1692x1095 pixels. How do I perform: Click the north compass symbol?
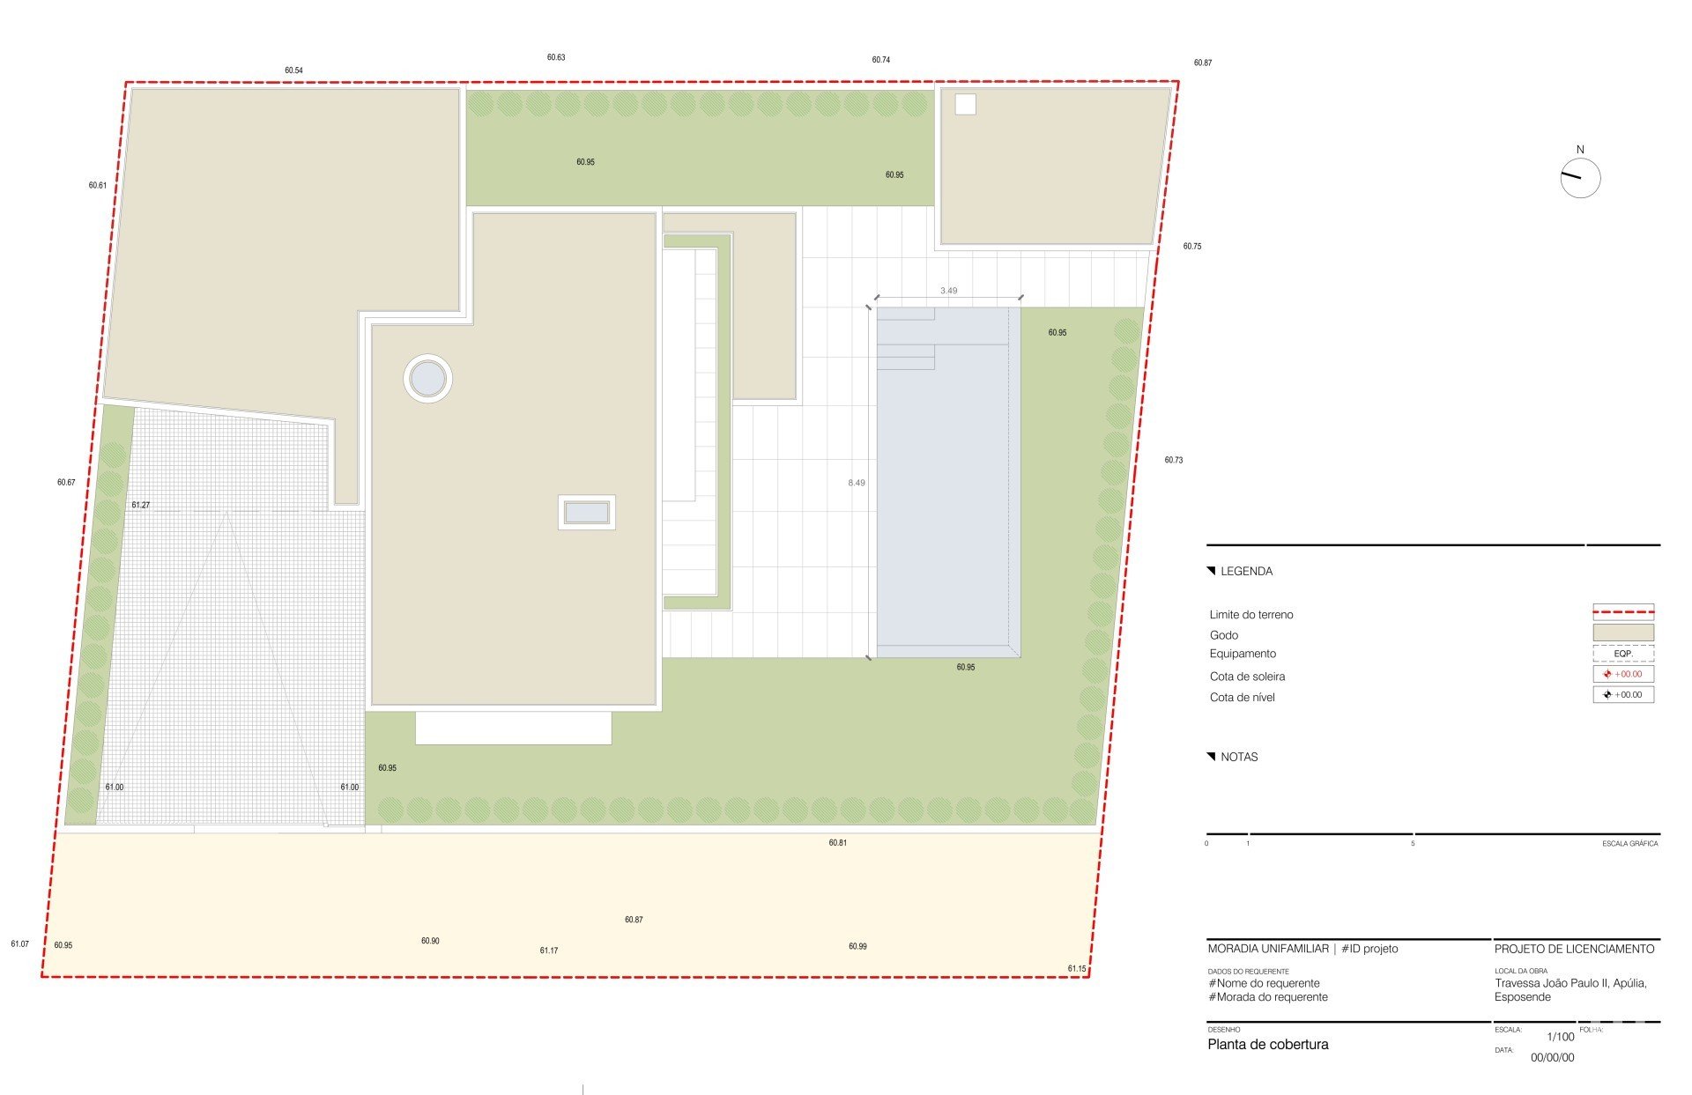point(1580,178)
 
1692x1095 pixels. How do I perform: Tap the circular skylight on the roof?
point(428,379)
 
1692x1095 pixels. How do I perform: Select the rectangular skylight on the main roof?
point(587,512)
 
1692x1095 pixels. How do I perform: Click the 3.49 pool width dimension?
point(948,291)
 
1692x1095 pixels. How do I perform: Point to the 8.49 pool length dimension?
point(857,483)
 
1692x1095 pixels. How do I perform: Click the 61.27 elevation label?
point(141,505)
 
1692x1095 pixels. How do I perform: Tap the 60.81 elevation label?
point(837,843)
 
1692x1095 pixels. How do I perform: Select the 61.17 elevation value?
point(549,951)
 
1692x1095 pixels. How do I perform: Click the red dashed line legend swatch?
point(1623,611)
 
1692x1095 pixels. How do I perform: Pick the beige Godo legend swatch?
point(1623,633)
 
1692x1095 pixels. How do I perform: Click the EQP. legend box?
point(1623,654)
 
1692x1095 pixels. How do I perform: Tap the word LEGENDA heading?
point(1246,572)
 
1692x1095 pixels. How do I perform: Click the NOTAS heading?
point(1239,758)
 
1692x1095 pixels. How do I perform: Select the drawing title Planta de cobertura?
point(1268,1045)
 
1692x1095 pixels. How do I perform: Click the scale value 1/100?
point(1561,1037)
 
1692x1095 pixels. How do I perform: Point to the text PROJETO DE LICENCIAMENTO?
point(1574,949)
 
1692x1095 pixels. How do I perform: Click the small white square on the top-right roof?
point(966,104)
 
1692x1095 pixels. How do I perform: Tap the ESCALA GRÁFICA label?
point(1630,844)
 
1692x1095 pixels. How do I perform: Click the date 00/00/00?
point(1552,1058)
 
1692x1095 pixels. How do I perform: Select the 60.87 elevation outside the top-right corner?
point(1203,63)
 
